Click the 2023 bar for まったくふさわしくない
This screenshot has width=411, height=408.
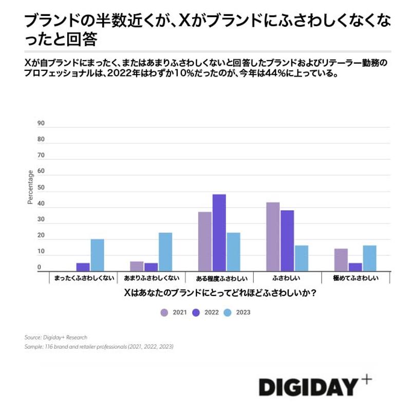[97, 255]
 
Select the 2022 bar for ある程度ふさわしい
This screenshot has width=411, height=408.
[219, 232]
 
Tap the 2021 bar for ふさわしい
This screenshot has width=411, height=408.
[273, 236]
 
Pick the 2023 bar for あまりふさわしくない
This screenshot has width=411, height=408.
[165, 252]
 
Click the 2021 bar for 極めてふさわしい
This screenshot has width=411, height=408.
[341, 259]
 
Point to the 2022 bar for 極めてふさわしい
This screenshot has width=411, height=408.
[355, 267]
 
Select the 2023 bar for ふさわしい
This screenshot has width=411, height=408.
[301, 258]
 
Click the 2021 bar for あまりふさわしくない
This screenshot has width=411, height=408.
[137, 266]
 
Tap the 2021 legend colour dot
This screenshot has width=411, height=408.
[164, 312]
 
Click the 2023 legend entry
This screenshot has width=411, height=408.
[237, 312]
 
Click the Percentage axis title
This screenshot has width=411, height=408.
[30, 188]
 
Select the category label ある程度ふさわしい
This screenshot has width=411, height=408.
[219, 279]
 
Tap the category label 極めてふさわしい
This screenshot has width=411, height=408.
[355, 278]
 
